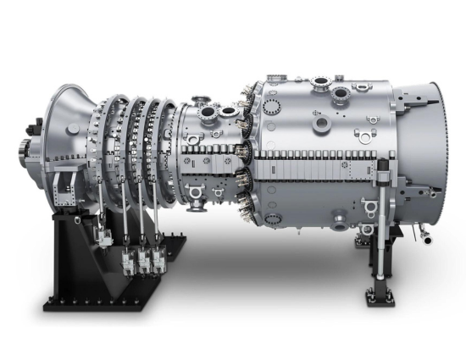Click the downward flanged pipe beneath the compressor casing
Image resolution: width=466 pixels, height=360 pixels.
coord(196,200)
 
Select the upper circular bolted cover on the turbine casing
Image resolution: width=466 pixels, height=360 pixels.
coord(273,108)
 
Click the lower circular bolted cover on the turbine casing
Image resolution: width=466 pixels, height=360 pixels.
coord(273,203)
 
